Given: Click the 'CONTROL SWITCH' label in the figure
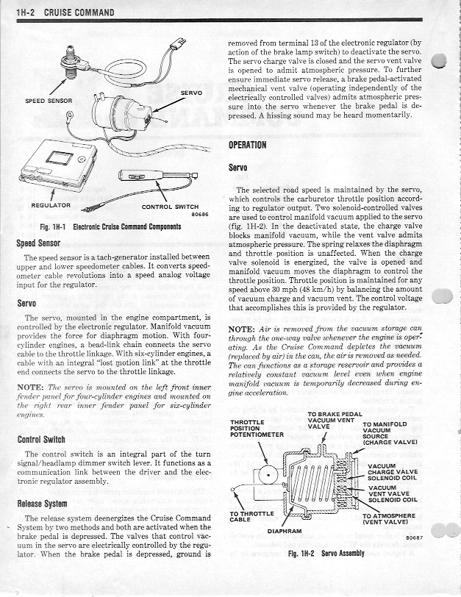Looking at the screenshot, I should click(170, 207).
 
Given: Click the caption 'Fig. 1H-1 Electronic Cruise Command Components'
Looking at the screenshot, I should click(111, 227).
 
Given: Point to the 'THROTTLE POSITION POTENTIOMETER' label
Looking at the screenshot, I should click(257, 428).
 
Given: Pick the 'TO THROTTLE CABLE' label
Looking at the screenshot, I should click(252, 517).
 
